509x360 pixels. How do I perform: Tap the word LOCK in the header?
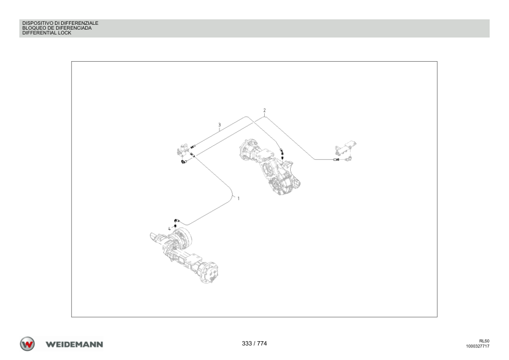(65, 33)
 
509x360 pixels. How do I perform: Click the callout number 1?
(239, 198)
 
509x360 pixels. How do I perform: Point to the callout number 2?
(265, 111)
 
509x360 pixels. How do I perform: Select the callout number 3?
(219, 125)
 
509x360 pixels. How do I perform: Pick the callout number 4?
(169, 229)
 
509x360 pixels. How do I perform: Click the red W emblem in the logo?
(27, 344)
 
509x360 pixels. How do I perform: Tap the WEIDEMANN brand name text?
(74, 344)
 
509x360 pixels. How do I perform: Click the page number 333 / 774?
(254, 344)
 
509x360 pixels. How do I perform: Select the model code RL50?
(484, 341)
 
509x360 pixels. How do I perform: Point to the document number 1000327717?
(478, 346)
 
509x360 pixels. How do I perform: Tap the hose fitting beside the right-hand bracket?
(336, 160)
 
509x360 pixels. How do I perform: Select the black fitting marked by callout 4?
(176, 226)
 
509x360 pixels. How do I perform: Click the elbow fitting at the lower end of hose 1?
(177, 221)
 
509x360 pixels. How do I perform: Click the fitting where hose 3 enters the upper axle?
(282, 151)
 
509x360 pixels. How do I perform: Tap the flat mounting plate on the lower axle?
(193, 258)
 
